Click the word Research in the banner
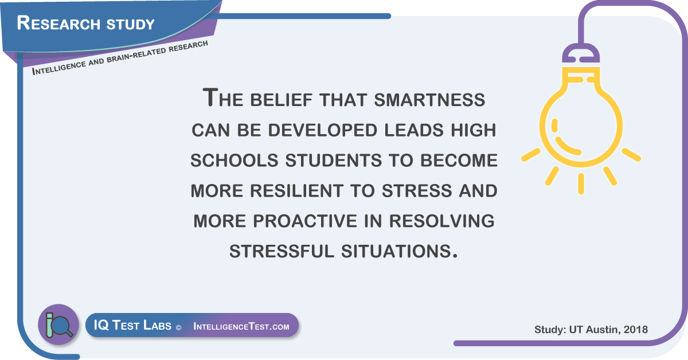pyautogui.click(x=58, y=23)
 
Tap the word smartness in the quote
pyautogui.click(x=429, y=100)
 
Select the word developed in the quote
pyautogui.click(x=322, y=130)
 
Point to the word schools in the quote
pyautogui.click(x=234, y=161)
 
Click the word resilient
pyautogui.click(x=296, y=191)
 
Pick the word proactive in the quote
pyautogui.click(x=305, y=221)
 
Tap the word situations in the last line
pyautogui.click(x=399, y=251)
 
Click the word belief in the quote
pyautogui.click(x=282, y=100)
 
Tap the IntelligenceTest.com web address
pyautogui.click(x=241, y=326)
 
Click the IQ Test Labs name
pyautogui.click(x=132, y=325)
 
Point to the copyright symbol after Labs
pyautogui.click(x=178, y=327)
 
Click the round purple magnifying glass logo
pyautogui.click(x=58, y=324)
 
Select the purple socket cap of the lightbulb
pyautogui.click(x=581, y=53)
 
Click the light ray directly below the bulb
pyautogui.click(x=581, y=183)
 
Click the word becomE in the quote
pyautogui.click(x=459, y=161)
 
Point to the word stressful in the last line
pyautogui.click(x=282, y=251)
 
